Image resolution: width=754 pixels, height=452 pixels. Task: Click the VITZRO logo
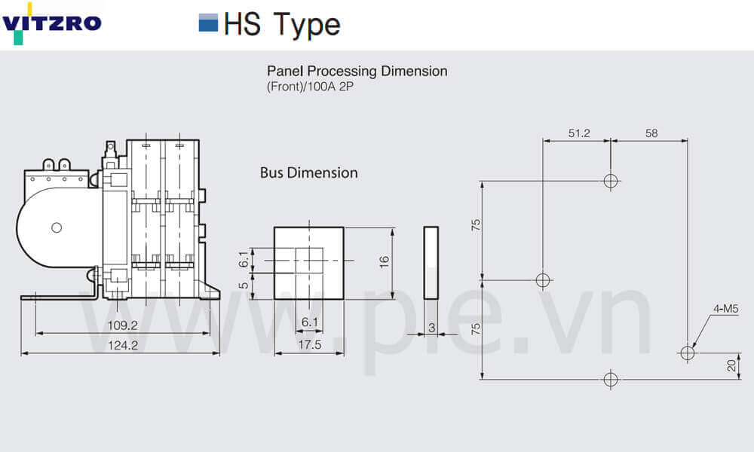51,23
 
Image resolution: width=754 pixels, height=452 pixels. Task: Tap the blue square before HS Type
208,23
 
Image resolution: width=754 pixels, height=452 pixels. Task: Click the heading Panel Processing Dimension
357,71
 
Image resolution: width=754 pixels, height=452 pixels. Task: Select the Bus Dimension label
308,173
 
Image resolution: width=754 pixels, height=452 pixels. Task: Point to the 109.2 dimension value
122,325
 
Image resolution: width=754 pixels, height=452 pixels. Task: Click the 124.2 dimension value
123,345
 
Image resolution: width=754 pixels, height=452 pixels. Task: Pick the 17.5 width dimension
309,344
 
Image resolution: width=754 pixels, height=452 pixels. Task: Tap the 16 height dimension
385,262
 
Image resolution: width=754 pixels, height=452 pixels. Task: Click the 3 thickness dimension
432,328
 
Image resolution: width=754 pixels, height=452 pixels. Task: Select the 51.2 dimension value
578,133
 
